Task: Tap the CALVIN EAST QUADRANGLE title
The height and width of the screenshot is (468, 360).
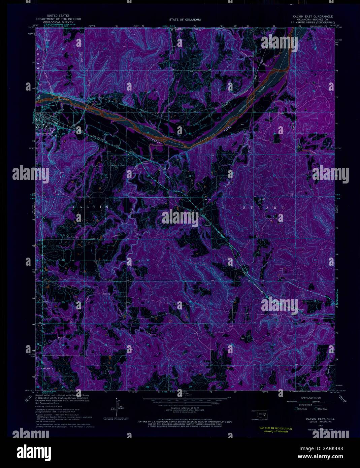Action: pyautogui.click(x=313, y=16)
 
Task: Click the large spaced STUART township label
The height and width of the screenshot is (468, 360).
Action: pyautogui.click(x=264, y=208)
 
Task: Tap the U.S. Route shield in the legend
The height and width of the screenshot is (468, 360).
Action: pyautogui.click(x=297, y=409)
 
